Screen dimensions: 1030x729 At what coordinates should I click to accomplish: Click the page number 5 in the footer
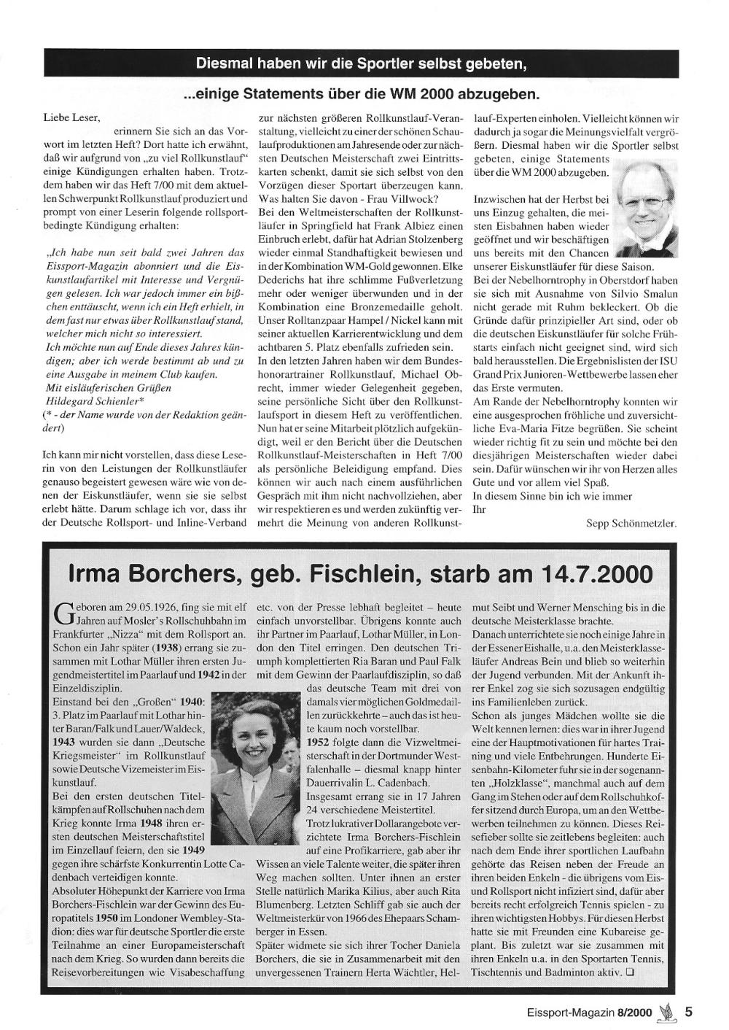pyautogui.click(x=688, y=1012)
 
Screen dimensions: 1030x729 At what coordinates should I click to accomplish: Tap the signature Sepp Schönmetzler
pyautogui.click(x=631, y=523)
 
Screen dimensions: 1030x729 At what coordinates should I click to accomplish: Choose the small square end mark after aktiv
pyautogui.click(x=629, y=972)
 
